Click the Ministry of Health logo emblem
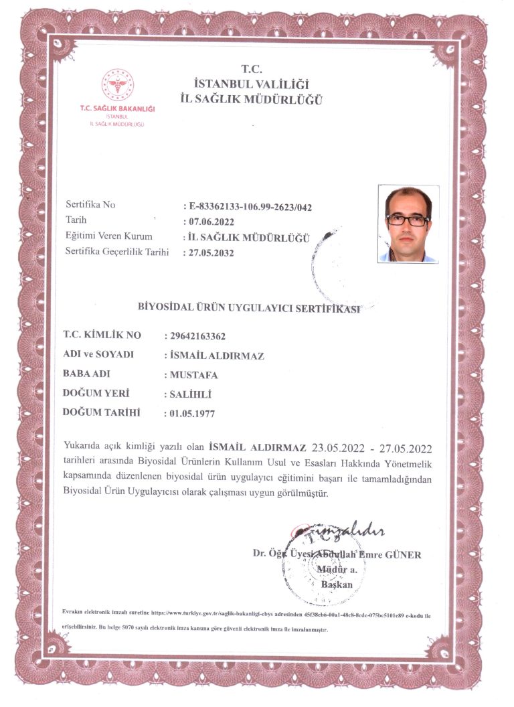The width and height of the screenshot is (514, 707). click(118, 86)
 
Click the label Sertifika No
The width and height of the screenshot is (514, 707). click(90, 205)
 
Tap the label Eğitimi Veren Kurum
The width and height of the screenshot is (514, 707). click(109, 236)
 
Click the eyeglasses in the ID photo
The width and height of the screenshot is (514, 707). click(408, 220)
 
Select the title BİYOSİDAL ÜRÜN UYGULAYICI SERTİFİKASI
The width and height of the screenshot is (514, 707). click(248, 308)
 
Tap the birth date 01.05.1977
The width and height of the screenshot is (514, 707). click(192, 414)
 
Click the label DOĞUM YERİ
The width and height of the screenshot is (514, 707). click(96, 393)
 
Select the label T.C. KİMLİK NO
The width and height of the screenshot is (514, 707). click(102, 335)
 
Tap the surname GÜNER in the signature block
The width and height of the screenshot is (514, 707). click(404, 554)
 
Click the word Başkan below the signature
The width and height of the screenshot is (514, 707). click(337, 584)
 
